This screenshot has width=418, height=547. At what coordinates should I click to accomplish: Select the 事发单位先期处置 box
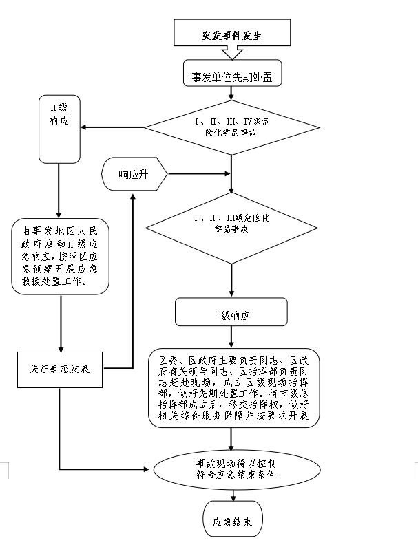pyautogui.click(x=232, y=76)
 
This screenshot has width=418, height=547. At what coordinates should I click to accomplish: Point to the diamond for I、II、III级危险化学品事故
pyautogui.click(x=231, y=223)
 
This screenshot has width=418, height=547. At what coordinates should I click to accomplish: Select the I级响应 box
pyautogui.click(x=231, y=314)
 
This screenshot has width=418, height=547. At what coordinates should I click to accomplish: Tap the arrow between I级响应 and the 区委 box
pyautogui.click(x=231, y=337)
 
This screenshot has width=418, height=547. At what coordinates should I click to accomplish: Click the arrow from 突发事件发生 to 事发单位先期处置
pyautogui.click(x=232, y=54)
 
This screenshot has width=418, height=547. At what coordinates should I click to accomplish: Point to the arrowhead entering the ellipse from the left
pyautogui.click(x=146, y=469)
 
